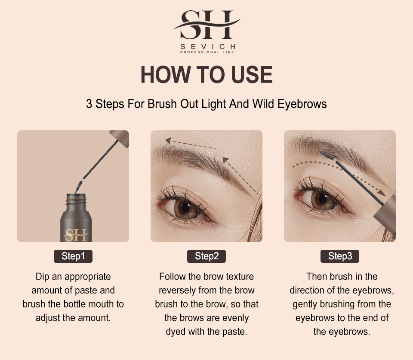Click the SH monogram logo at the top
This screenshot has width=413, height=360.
pyautogui.click(x=207, y=25)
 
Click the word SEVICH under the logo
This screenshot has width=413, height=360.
pyautogui.click(x=208, y=46)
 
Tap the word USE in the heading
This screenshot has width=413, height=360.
pyautogui.click(x=252, y=74)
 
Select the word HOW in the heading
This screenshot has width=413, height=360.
pyautogui.click(x=165, y=74)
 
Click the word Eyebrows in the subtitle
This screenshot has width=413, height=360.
pyautogui.click(x=302, y=104)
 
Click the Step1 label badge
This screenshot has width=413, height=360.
pyautogui.click(x=73, y=256)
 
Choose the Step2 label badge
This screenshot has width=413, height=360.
pyautogui.click(x=206, y=256)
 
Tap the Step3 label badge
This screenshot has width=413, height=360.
pyautogui.click(x=340, y=256)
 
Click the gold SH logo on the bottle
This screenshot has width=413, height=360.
pyautogui.click(x=76, y=235)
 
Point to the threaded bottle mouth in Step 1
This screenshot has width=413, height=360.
pyautogui.click(x=76, y=200)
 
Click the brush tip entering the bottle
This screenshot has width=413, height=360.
pyautogui.click(x=79, y=187)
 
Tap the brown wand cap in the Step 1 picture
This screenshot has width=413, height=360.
pyautogui.click(x=120, y=138)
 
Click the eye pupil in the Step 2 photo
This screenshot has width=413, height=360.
pyautogui.click(x=186, y=207)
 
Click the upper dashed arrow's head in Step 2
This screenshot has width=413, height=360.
pyautogui.click(x=168, y=141)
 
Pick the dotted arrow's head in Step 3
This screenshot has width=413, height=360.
pyautogui.click(x=382, y=193)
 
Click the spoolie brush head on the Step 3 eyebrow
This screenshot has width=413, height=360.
pyautogui.click(x=326, y=155)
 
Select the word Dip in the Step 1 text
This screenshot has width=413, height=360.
pyautogui.click(x=43, y=277)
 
